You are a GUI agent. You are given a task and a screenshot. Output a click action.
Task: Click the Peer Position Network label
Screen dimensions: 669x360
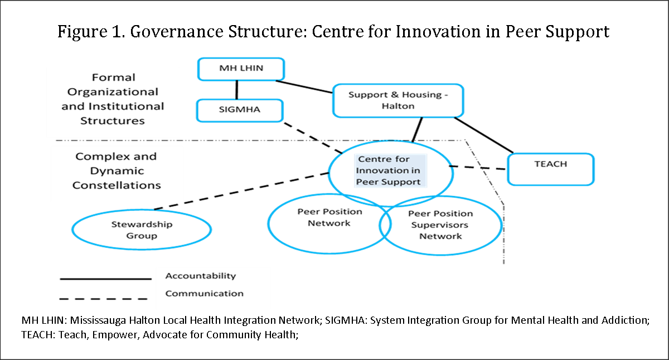click(x=329, y=217)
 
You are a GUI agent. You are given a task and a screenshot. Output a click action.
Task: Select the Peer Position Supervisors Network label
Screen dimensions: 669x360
click(x=440, y=225)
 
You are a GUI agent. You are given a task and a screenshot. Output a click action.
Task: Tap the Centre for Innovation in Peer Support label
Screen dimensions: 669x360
click(x=388, y=171)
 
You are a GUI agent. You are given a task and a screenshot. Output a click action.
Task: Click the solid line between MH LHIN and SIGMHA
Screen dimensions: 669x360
click(x=237, y=90)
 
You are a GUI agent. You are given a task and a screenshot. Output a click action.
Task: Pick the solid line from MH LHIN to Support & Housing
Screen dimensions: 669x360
click(x=304, y=86)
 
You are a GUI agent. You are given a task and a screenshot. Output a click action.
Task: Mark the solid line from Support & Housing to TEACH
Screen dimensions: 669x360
click(x=483, y=135)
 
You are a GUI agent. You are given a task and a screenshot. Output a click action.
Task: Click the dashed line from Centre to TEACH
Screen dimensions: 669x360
click(x=478, y=168)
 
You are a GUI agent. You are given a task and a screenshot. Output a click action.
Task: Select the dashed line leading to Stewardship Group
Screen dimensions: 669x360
click(x=241, y=191)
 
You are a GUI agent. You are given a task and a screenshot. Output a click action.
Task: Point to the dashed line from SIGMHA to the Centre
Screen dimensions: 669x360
click(x=313, y=138)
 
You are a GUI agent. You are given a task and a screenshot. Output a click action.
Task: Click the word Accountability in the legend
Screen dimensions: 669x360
click(x=201, y=276)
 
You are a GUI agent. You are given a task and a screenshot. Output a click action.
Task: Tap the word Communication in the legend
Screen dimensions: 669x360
click(x=204, y=294)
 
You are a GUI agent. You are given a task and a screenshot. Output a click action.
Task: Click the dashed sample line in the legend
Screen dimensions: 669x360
click(x=103, y=299)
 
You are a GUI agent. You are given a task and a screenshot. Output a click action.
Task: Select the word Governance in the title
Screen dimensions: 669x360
click(x=177, y=32)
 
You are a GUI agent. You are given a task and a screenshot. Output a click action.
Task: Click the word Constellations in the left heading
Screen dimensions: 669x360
click(x=117, y=185)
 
